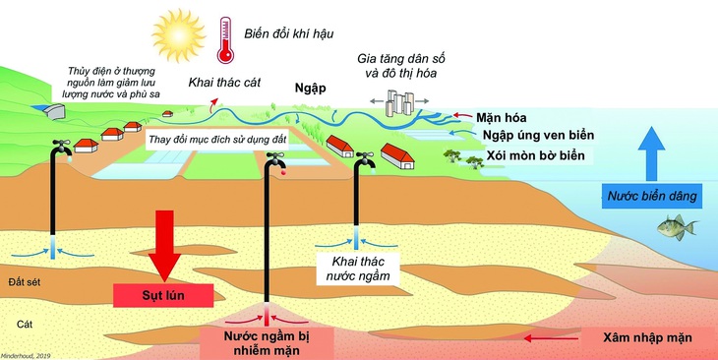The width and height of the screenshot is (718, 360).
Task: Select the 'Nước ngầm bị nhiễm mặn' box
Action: click(268, 339)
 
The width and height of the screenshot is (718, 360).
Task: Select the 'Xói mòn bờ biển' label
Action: click(536, 155)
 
